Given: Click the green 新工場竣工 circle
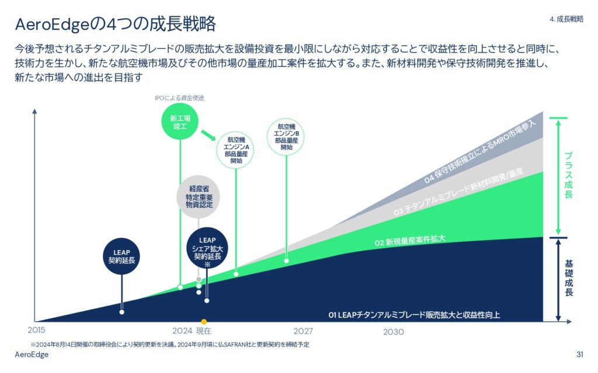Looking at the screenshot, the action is coord(180,121).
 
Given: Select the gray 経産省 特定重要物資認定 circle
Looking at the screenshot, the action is coord(199,196).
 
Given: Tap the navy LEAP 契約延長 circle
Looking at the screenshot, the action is coord(121,256).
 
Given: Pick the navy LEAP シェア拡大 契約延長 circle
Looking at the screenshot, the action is coord(207,248).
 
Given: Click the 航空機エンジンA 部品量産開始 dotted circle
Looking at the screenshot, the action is coord(235,150).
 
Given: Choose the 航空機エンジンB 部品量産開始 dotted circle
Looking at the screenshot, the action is coord(286,136).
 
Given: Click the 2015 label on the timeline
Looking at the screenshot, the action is coord(36,330).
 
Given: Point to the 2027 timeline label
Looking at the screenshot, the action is coord(303,331).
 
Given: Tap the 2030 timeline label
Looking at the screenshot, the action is coord(394,332).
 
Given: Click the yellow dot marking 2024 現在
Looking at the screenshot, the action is coord(204,322).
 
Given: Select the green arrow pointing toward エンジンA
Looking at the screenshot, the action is coord(208,135).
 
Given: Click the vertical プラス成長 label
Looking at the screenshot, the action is coord(568,175).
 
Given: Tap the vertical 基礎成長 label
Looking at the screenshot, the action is coord(569,278).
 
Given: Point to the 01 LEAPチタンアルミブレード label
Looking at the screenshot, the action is coord(414,315).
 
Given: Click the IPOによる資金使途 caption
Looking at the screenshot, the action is coord(179,98).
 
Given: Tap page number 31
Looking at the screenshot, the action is coord(580,354).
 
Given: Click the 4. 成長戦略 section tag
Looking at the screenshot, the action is coord(566,19).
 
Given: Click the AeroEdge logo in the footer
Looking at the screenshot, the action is coord(32,355).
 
